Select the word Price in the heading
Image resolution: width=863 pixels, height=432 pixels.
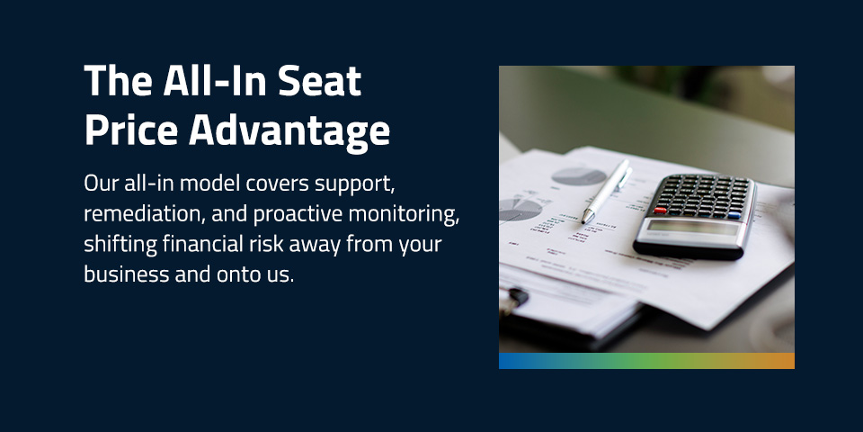[x=130, y=130]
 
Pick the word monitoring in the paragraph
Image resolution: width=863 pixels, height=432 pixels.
[x=408, y=214]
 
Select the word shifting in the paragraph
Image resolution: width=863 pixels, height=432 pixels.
[x=116, y=244]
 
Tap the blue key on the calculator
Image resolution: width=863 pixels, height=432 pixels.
[x=734, y=216]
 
